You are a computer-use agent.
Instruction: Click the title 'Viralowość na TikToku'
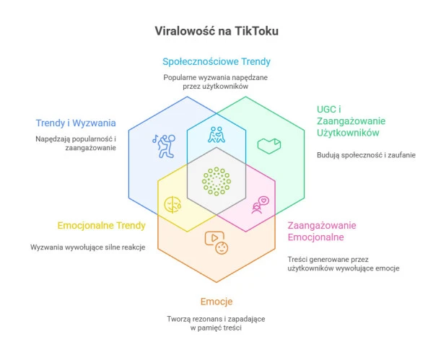tap(216, 32)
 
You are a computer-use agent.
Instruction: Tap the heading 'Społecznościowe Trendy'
tap(216, 61)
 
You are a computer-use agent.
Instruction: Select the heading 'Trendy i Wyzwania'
tap(76, 123)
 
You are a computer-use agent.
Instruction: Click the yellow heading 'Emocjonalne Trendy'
tap(101, 225)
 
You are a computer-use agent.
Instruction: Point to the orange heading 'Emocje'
tap(216, 301)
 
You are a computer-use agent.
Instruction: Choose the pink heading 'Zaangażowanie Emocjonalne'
tap(321, 231)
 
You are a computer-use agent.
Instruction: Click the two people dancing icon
tap(216, 135)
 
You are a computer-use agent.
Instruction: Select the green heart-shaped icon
tap(268, 145)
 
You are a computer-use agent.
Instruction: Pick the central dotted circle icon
tap(216, 180)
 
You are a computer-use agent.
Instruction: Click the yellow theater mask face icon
tap(172, 204)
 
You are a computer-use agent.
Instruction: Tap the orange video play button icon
tap(214, 237)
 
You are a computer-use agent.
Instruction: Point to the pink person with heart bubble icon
tap(261, 205)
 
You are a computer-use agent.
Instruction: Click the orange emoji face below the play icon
tap(222, 247)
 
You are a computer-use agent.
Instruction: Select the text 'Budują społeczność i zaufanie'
tap(366, 155)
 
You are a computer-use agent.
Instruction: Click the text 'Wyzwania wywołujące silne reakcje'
tap(88, 247)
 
